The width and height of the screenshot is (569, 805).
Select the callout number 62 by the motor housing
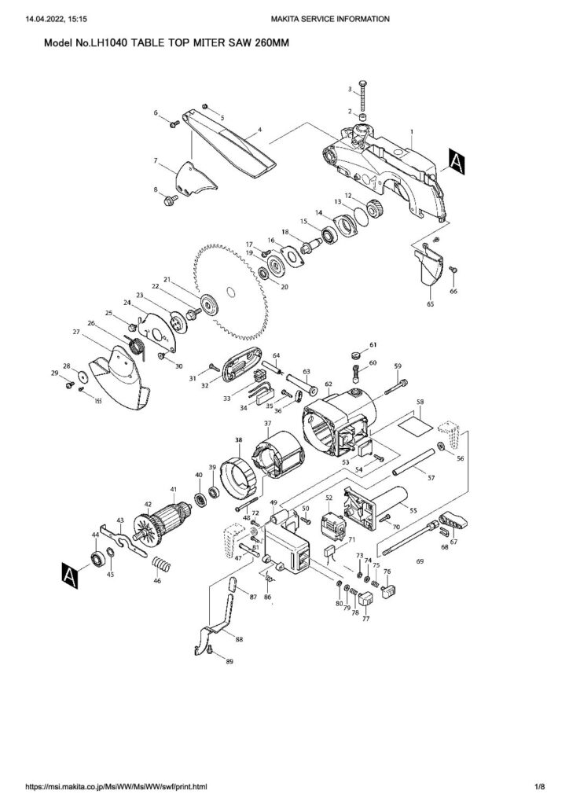pyautogui.click(x=328, y=384)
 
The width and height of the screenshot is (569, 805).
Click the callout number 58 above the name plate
pyautogui.click(x=420, y=402)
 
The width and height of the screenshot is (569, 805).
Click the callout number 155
pyautogui.click(x=98, y=401)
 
